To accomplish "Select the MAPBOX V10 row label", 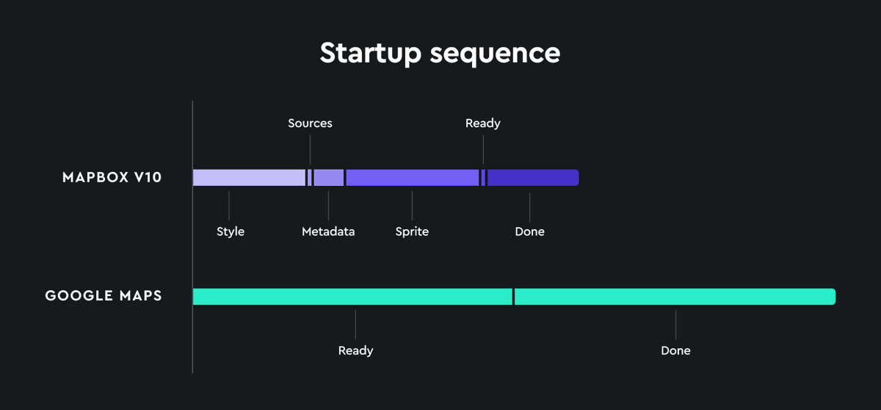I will (112, 178).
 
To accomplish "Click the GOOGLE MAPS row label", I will (104, 296).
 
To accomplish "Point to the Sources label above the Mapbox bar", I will (310, 123).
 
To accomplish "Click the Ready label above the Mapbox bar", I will (482, 123).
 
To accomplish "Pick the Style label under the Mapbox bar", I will (230, 231).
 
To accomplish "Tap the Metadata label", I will (328, 231).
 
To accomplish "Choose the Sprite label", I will (412, 231).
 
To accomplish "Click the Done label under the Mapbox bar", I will (529, 231).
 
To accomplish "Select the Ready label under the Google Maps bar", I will (355, 350).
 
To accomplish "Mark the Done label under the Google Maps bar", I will (675, 350).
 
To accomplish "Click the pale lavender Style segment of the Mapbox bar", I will (248, 178).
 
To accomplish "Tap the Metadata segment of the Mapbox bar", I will (328, 178).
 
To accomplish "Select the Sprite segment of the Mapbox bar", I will (412, 178).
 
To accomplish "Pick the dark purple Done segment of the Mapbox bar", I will (532, 178).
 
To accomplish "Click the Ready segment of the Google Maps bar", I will (352, 297).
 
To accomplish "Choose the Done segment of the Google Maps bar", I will (675, 297).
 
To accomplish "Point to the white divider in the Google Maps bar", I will (514, 297).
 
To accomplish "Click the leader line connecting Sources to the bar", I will (310, 150).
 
